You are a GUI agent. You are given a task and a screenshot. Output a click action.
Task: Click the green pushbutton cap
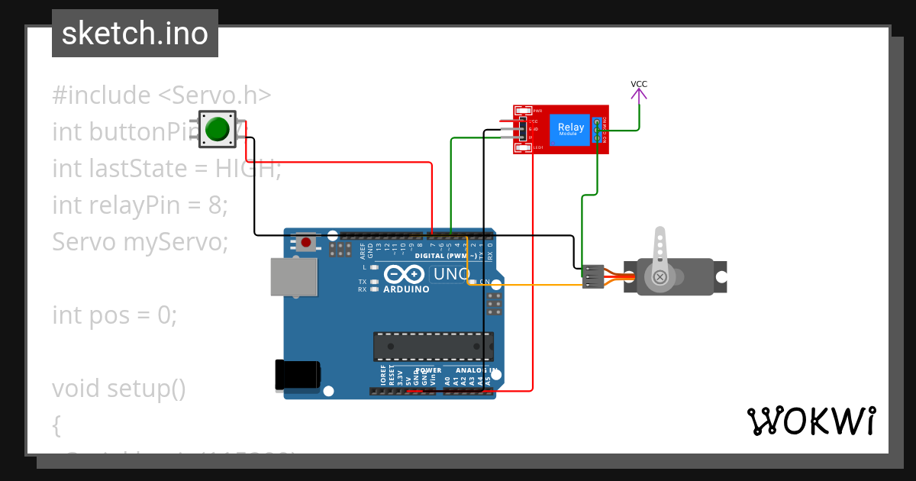(218, 129)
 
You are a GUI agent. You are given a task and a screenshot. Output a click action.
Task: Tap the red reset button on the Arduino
(306, 243)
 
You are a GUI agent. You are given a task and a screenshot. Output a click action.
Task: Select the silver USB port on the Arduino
(293, 276)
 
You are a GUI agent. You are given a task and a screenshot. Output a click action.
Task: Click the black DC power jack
(298, 376)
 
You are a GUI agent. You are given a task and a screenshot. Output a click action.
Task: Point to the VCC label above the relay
(639, 84)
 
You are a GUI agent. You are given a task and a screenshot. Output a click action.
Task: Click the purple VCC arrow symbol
(639, 95)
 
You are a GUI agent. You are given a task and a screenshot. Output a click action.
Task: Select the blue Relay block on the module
(571, 129)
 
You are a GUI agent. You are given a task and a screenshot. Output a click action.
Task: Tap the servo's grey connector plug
(592, 276)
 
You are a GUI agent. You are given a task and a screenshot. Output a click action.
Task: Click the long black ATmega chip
(432, 346)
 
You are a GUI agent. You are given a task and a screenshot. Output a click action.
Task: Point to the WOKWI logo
(811, 421)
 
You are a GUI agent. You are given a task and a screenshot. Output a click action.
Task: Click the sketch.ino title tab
(135, 34)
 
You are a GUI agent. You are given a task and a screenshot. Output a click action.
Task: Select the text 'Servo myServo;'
(140, 241)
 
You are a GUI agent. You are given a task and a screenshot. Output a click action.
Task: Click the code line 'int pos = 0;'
(114, 315)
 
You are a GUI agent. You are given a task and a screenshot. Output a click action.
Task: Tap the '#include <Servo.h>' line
(162, 95)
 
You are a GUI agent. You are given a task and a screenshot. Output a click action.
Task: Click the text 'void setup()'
(119, 388)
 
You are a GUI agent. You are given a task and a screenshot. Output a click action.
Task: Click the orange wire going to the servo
(534, 286)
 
